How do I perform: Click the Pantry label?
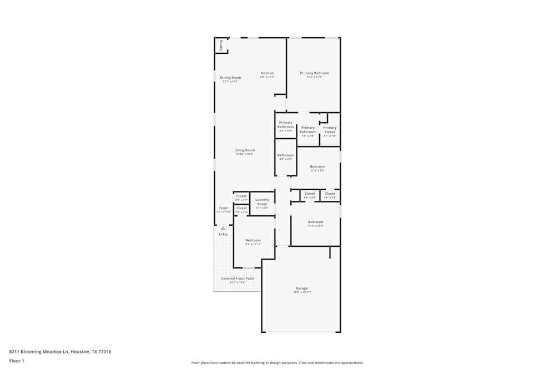point(221,45)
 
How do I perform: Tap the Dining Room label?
point(230,78)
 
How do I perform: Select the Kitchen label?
point(268,73)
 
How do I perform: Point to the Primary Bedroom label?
point(314,73)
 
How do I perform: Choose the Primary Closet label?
point(330,130)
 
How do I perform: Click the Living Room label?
point(244,150)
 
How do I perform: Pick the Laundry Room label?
point(262,201)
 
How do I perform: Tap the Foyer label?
point(224,208)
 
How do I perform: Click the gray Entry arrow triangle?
point(223,228)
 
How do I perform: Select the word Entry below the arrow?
point(223,234)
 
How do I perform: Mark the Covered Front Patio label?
point(238,278)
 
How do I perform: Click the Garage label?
point(301,288)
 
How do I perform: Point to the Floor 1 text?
point(17,361)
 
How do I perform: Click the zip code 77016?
point(105,351)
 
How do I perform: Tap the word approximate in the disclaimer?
point(352,363)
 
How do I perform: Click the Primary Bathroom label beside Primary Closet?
point(308,130)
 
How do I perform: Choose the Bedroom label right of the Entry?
point(253,240)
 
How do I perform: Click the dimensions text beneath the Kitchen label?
point(268,77)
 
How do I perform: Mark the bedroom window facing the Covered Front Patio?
point(249,268)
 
